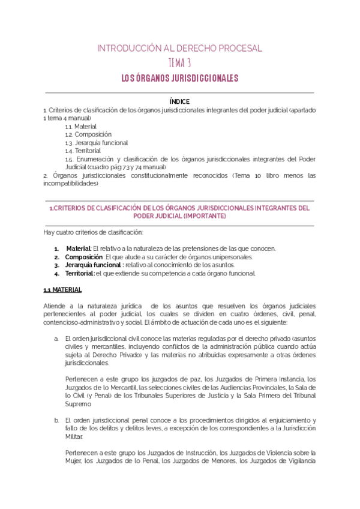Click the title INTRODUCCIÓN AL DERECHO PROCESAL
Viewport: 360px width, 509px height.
[x=179, y=48]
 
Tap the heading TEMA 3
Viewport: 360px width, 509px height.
[x=179, y=63]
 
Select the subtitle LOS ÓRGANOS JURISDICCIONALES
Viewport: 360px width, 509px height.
[x=179, y=78]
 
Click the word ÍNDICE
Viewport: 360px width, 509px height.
[x=179, y=102]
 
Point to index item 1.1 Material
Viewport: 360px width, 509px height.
[x=81, y=127]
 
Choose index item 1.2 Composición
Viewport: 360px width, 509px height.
[x=88, y=135]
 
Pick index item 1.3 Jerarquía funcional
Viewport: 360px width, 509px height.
[x=96, y=143]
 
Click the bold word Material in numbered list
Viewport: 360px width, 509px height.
[x=78, y=248]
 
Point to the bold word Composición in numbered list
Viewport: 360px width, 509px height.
[x=84, y=257]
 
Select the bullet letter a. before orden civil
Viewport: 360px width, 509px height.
[x=56, y=339]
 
